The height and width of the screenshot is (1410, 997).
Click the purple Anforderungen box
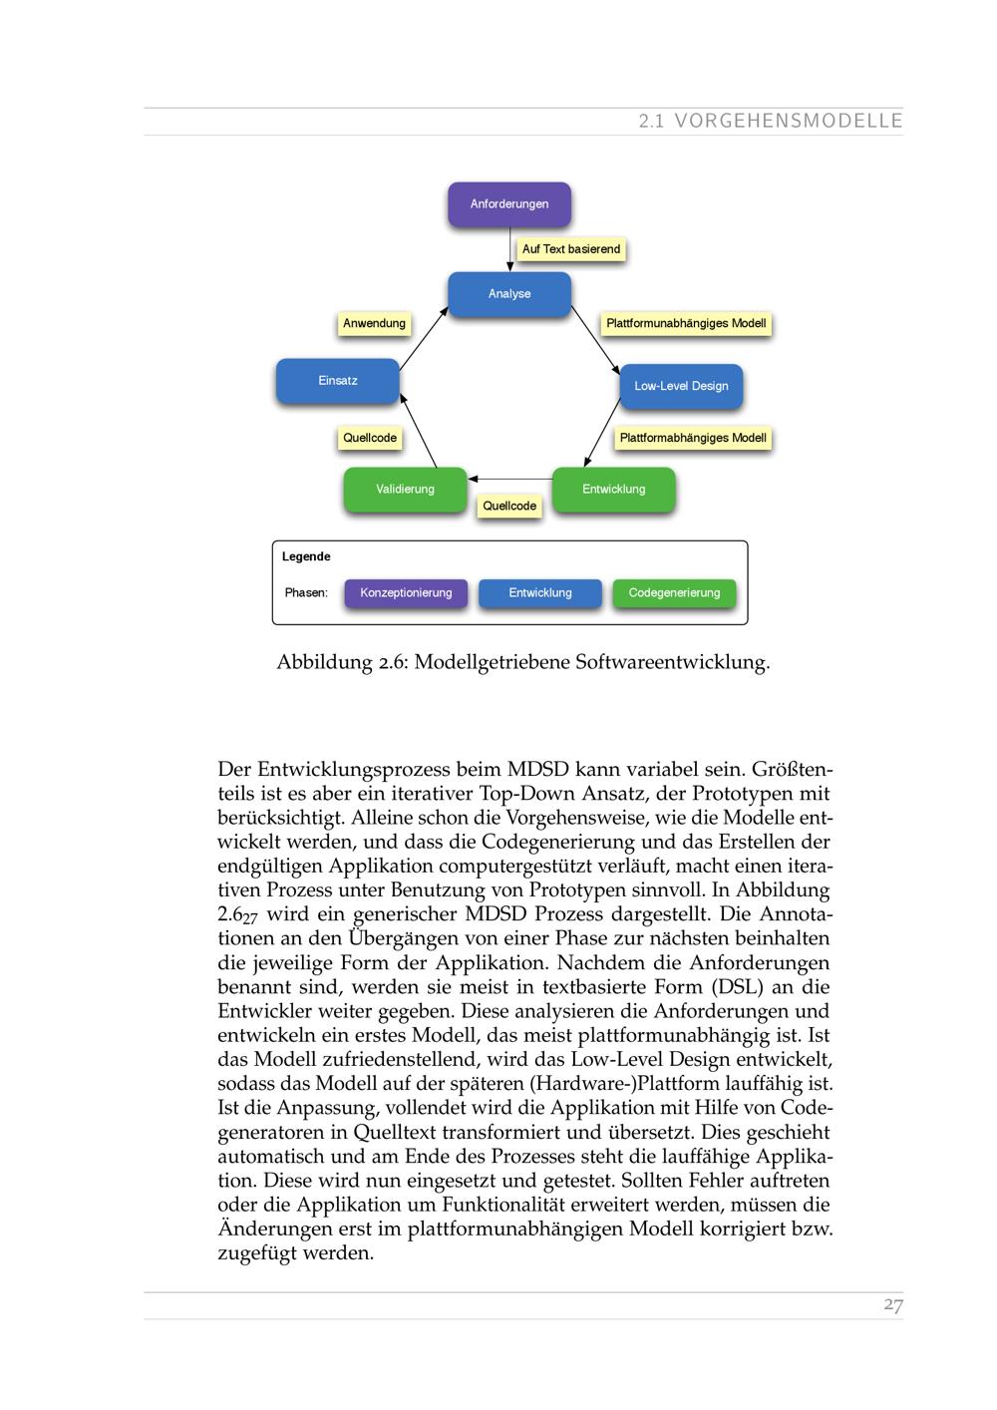pos(508,203)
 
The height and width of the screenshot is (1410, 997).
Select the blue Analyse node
pos(508,294)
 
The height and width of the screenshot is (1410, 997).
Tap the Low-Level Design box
pos(681,386)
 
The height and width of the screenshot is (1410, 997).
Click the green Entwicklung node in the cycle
pos(613,490)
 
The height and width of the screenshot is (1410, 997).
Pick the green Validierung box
pos(405,490)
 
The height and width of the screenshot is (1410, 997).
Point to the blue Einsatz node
pos(337,381)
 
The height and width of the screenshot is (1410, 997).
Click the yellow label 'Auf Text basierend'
pos(571,249)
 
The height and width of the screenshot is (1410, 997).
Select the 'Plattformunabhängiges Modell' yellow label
pos(686,324)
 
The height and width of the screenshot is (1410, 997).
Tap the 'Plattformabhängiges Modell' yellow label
pos(693,438)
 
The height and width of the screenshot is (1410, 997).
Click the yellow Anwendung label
pos(374,324)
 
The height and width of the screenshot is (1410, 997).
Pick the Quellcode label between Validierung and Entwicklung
pos(509,507)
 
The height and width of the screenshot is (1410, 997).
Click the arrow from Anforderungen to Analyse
pos(509,249)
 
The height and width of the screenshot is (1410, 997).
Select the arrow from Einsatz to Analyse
pos(424,339)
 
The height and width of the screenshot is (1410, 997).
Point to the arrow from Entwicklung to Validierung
pos(509,479)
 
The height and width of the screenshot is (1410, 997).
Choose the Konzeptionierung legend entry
pos(406,593)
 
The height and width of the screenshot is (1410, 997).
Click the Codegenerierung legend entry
pos(674,593)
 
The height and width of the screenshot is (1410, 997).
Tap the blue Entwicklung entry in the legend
pos(540,593)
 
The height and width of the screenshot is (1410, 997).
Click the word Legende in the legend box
pos(306,557)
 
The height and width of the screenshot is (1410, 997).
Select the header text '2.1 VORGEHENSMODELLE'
pos(771,122)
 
